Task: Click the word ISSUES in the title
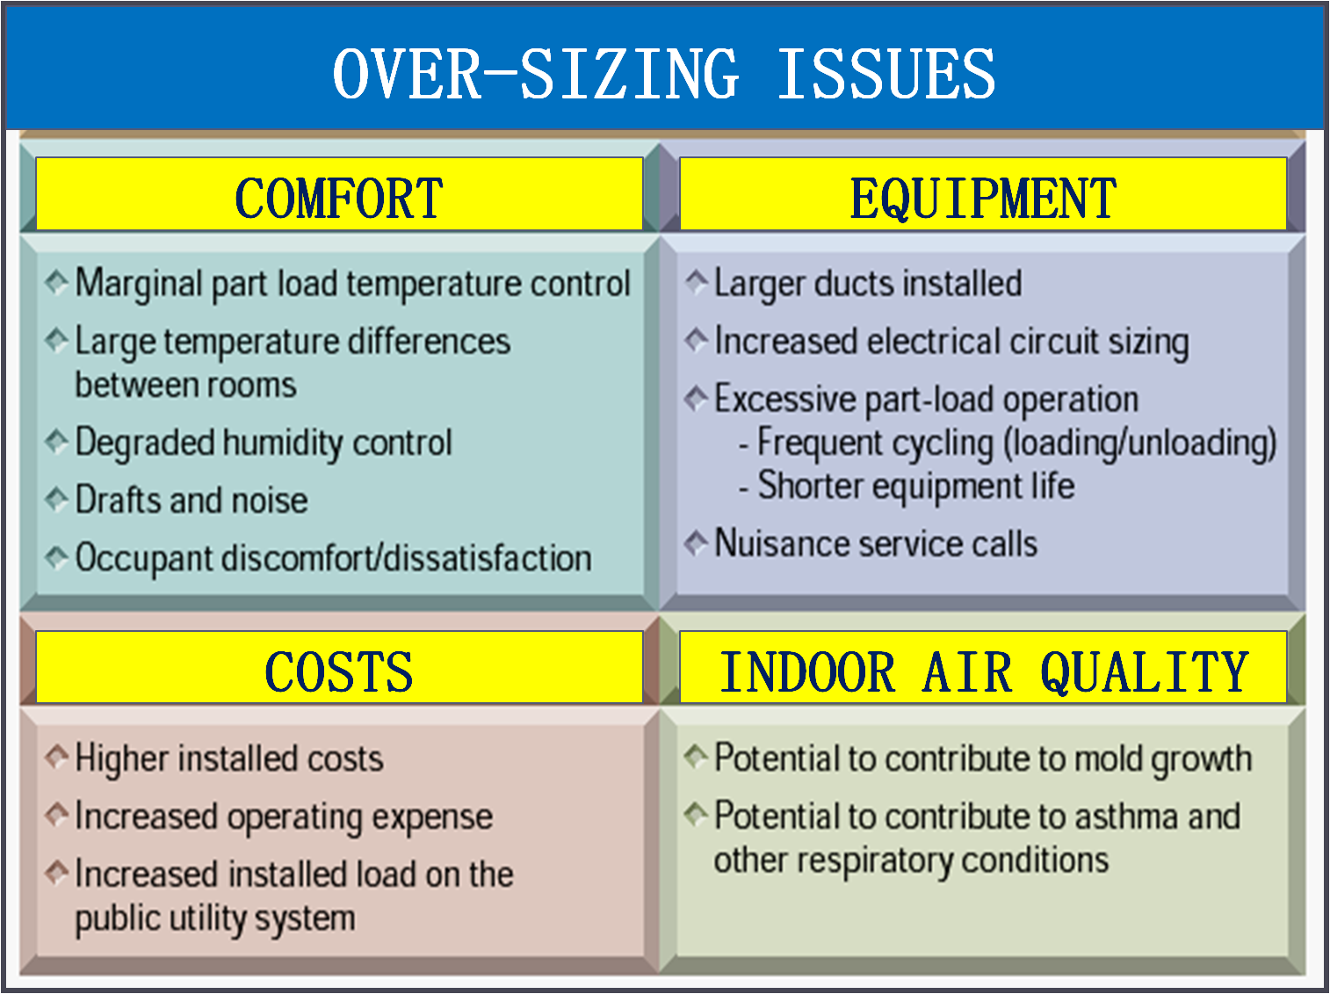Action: (885, 74)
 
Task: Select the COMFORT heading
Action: (339, 199)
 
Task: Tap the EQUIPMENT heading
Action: (983, 199)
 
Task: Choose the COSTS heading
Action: (339, 671)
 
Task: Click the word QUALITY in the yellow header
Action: (1144, 672)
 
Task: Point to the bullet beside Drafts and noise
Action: (57, 499)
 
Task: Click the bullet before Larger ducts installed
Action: (697, 282)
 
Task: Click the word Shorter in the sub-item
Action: (811, 485)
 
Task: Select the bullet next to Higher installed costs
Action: (57, 757)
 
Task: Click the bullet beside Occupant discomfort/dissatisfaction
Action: (57, 557)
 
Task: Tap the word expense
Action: (432, 818)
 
